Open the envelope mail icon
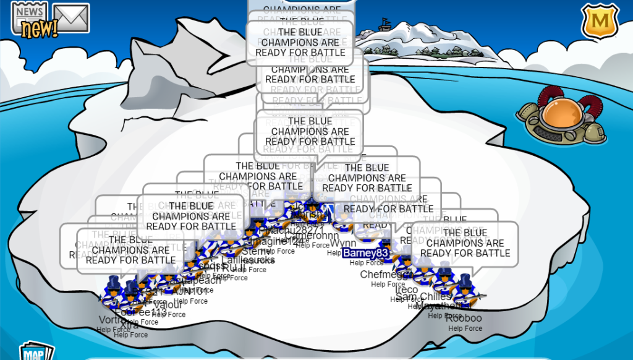[71, 18]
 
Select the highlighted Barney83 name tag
[365, 252]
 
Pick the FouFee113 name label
[134, 312]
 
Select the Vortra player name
[113, 320]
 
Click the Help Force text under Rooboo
[465, 328]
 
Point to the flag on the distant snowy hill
[386, 23]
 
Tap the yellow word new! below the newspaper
[38, 29]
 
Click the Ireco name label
[407, 289]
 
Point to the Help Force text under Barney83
[366, 263]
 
